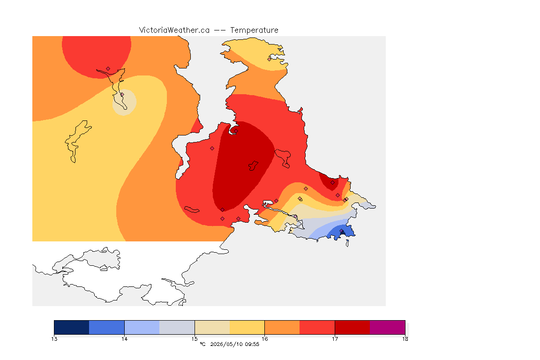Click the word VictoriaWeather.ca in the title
pos(174,30)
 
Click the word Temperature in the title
pos(254,30)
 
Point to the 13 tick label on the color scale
pos(54,339)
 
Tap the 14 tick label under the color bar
pos(124,339)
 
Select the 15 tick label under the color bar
pos(195,339)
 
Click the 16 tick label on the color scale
pos(264,339)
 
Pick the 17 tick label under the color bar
pos(335,339)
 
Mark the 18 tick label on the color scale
pos(405,339)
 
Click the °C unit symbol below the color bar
pos(202,344)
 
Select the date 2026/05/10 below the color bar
pos(226,344)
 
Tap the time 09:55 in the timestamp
pos(252,344)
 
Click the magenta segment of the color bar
pos(388,327)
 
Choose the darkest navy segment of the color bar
pos(72,327)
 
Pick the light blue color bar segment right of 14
pos(142,327)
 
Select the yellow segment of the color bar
pos(247,327)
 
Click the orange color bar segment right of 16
pos(282,327)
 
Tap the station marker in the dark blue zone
pos(341,231)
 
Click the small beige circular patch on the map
pos(124,102)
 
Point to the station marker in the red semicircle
pos(108,69)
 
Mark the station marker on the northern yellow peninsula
pos(270,59)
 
